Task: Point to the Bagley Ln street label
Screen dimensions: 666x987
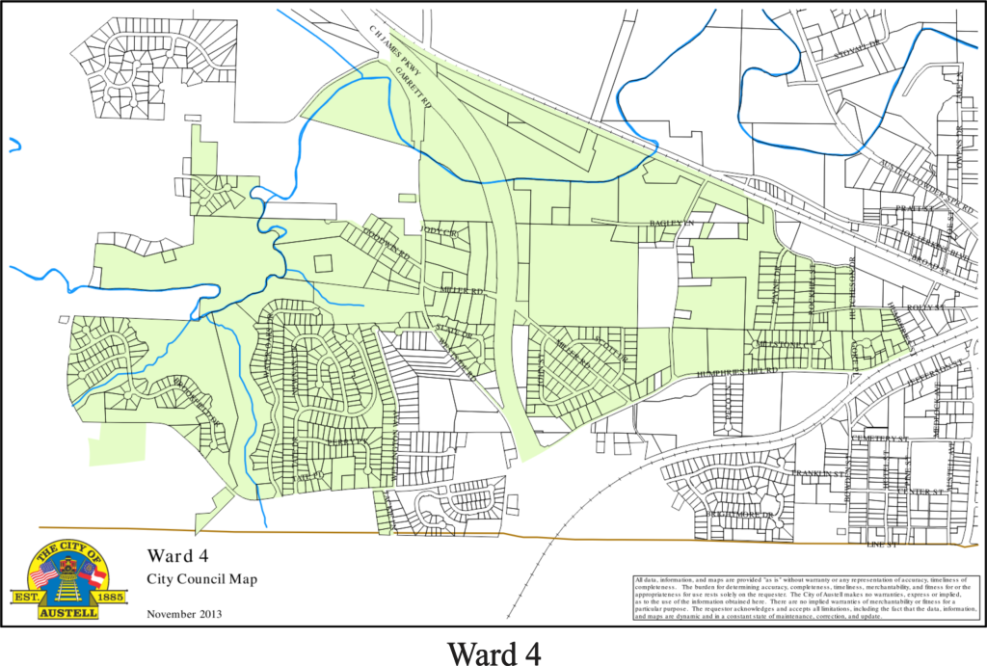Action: click(665, 223)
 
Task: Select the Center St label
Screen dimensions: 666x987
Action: click(920, 492)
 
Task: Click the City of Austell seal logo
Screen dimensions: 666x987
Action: click(67, 579)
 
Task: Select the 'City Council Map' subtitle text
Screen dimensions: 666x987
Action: click(201, 579)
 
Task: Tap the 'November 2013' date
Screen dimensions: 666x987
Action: click(184, 613)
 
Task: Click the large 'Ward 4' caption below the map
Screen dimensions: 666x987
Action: click(493, 651)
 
